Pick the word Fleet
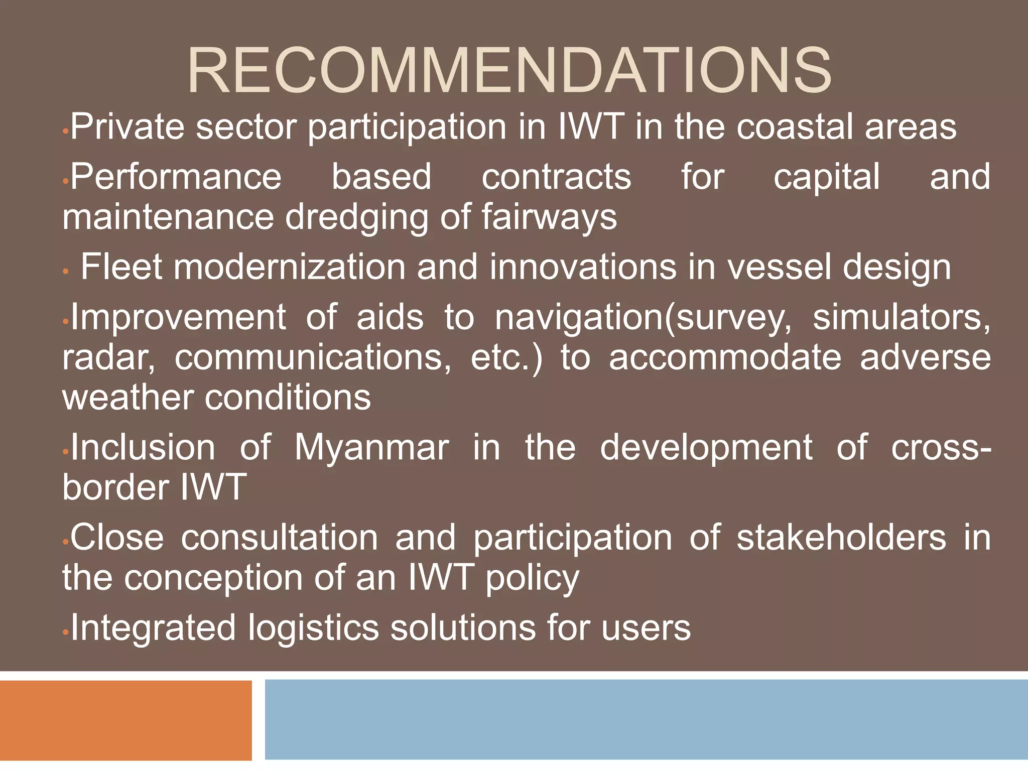(x=121, y=267)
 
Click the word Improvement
(x=178, y=317)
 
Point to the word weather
(x=127, y=398)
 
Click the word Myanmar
(x=371, y=448)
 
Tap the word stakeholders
(x=841, y=538)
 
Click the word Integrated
(x=153, y=628)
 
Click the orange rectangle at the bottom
(x=125, y=720)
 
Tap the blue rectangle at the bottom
(x=646, y=720)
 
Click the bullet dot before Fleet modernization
(x=65, y=272)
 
